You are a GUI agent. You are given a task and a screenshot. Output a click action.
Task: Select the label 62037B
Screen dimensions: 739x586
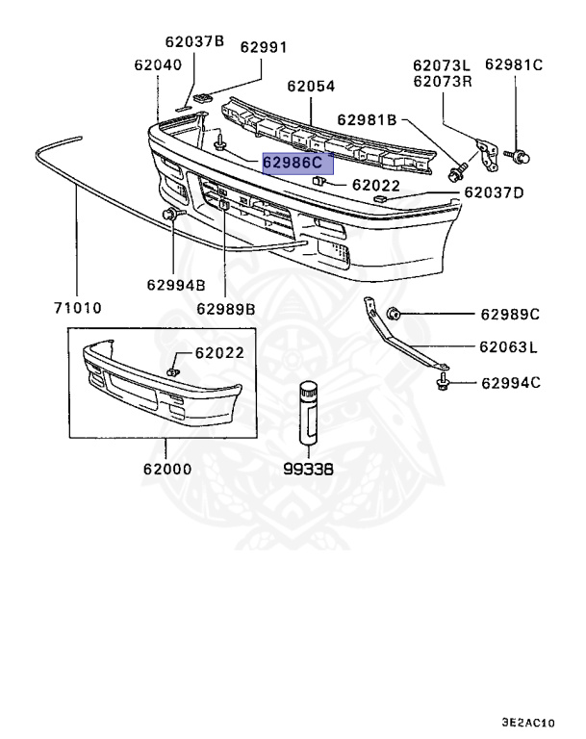pos(193,41)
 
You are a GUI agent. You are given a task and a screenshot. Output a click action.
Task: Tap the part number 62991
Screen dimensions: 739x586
pos(264,46)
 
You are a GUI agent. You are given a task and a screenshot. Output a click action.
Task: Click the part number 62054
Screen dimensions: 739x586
pos(311,87)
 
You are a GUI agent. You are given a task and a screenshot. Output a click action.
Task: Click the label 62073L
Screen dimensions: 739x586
pos(443,65)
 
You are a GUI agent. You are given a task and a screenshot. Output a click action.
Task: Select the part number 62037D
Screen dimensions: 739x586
pos(494,192)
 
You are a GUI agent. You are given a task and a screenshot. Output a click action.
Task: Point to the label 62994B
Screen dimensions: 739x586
pos(176,284)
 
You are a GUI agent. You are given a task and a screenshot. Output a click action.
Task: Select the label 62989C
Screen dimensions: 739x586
pos(510,314)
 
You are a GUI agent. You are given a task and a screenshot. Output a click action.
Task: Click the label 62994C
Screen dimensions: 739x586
pos(510,383)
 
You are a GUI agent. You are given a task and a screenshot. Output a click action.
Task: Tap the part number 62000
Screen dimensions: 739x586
pos(166,471)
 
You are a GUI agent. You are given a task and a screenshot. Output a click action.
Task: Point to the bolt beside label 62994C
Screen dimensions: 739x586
pos(444,384)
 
